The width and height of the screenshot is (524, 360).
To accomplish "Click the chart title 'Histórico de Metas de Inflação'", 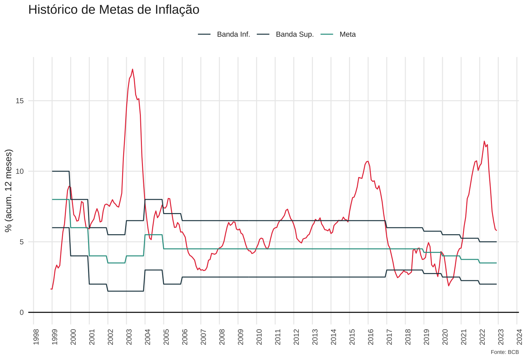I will pyautogui.click(x=114, y=10).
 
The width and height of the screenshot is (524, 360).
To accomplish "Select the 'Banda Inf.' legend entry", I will pyautogui.click(x=233, y=34).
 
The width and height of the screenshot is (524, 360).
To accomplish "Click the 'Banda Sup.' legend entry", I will pyautogui.click(x=294, y=34).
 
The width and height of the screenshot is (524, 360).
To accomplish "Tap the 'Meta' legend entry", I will pyautogui.click(x=347, y=34).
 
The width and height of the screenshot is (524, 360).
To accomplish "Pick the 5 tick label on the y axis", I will pyautogui.click(x=21, y=242).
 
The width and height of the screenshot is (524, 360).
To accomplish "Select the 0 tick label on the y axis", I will pyautogui.click(x=21, y=312).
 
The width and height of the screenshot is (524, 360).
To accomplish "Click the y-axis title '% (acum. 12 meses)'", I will pyautogui.click(x=9, y=191).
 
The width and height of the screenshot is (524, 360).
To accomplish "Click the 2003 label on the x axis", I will pyautogui.click(x=129, y=336).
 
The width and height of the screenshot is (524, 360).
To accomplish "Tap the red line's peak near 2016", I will pyautogui.click(x=368, y=161).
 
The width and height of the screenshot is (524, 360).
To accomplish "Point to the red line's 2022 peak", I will pyautogui.click(x=484, y=141).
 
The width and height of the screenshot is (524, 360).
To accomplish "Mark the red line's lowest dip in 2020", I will pyautogui.click(x=449, y=286).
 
